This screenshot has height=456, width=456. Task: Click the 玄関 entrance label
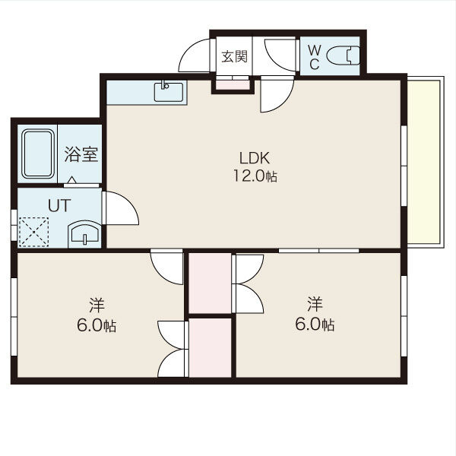[x=234, y=56]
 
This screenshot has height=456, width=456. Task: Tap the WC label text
[x=314, y=57]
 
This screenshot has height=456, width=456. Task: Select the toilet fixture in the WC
[x=349, y=56]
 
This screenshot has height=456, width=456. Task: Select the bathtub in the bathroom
[x=37, y=154]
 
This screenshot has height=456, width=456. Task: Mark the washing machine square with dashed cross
[x=34, y=232]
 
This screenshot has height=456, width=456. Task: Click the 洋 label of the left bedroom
[x=97, y=306]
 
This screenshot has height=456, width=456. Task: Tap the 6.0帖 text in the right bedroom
[x=315, y=325]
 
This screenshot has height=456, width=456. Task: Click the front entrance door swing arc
[x=194, y=55]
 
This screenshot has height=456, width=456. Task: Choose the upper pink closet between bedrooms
[x=210, y=283]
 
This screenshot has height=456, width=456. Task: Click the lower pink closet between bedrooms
[x=211, y=348]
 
